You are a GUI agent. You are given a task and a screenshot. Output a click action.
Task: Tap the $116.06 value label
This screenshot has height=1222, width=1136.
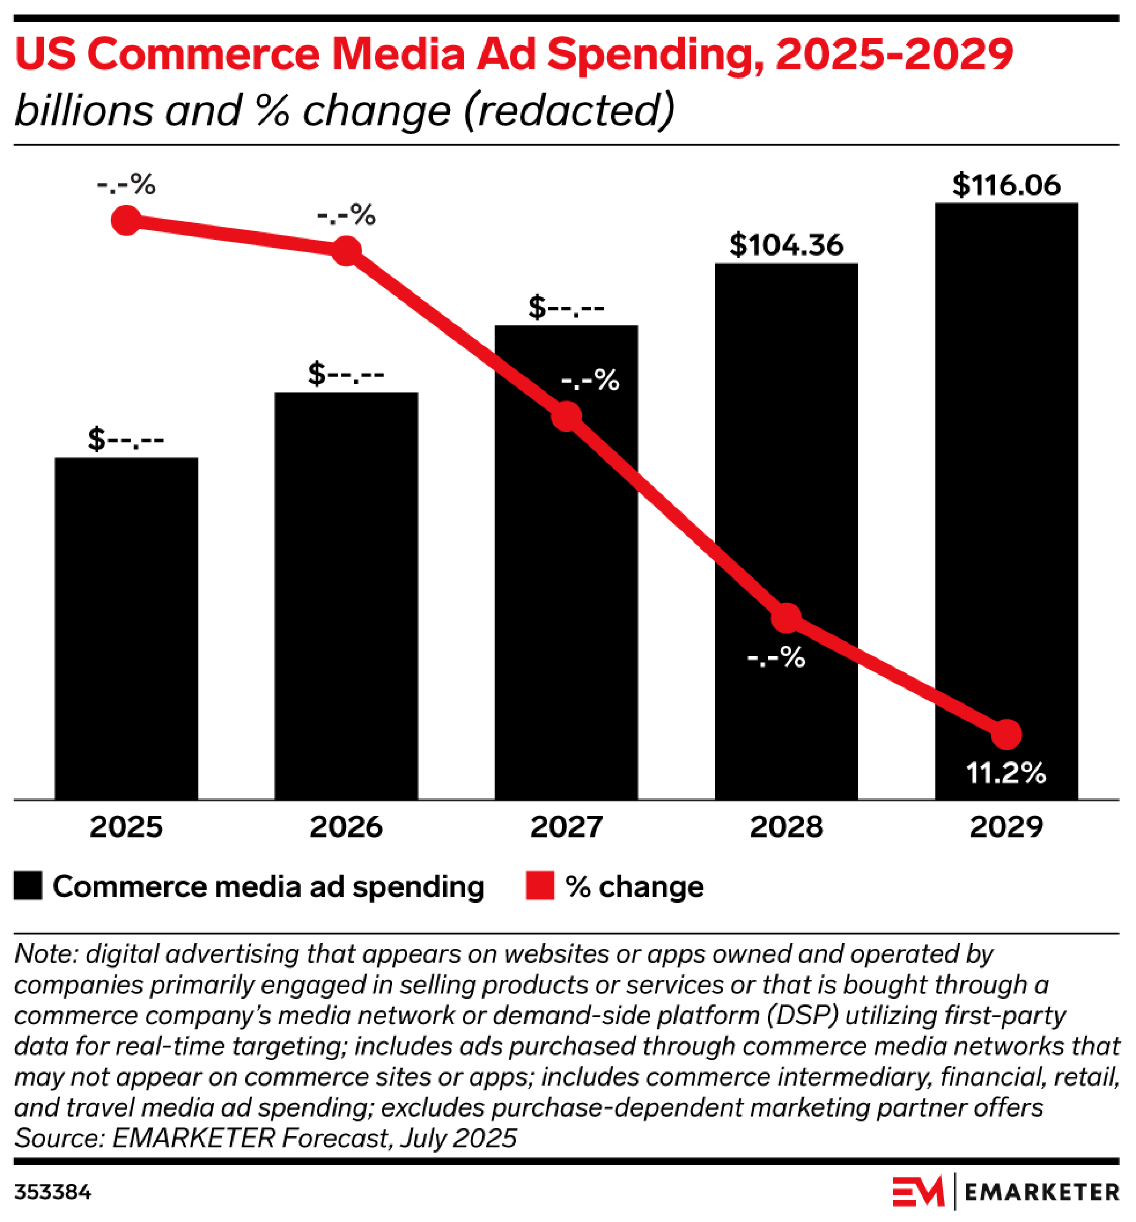pyautogui.click(x=1006, y=185)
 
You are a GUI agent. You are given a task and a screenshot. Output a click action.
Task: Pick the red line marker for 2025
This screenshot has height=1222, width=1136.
pyautogui.click(x=126, y=220)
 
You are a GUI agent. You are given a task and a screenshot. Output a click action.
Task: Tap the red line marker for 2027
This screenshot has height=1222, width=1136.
pyautogui.click(x=566, y=416)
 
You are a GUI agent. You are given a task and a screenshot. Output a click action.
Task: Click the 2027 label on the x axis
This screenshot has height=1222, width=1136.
pyautogui.click(x=566, y=827)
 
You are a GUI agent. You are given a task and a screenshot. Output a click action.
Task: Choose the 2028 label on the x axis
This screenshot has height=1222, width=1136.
pyautogui.click(x=786, y=827)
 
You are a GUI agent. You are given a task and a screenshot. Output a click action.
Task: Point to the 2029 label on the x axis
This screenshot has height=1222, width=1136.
pyautogui.click(x=1006, y=827)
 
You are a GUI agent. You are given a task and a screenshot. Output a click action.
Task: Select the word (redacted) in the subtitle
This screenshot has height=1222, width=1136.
pyautogui.click(x=569, y=111)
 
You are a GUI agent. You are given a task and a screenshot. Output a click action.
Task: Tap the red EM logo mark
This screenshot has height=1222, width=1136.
pyautogui.click(x=917, y=1192)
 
